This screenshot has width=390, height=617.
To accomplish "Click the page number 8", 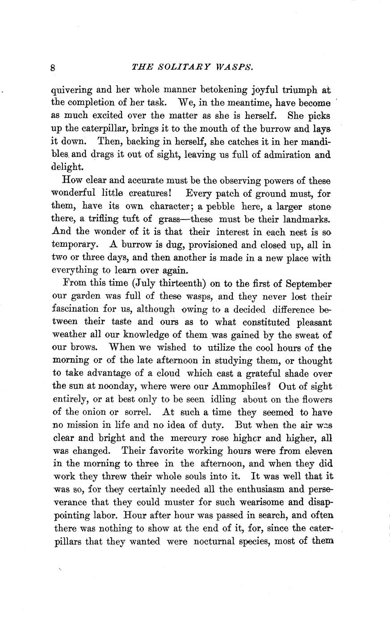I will click(x=53, y=68).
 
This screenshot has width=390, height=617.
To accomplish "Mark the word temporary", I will click(x=73, y=245).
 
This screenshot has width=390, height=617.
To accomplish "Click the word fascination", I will click(x=80, y=309).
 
